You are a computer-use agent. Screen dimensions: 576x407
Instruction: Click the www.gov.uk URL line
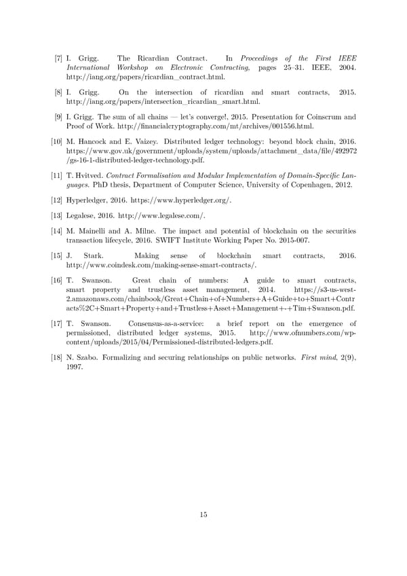pos(211,150)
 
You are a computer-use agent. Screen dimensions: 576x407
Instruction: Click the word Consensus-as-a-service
pos(161,324)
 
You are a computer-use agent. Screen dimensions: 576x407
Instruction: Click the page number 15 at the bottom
pos(203,514)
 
